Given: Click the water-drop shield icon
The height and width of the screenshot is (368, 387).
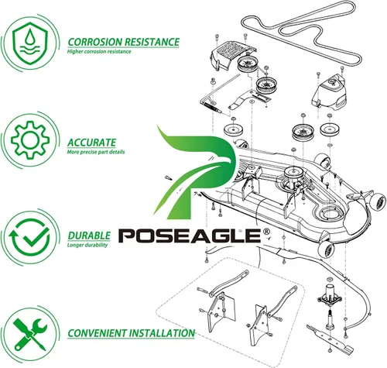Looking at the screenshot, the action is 30,43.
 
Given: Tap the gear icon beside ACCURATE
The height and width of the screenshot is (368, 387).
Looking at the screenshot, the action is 30,139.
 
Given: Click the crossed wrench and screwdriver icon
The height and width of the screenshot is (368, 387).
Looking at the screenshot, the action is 30,334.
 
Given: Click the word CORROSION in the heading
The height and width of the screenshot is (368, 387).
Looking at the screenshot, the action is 94,42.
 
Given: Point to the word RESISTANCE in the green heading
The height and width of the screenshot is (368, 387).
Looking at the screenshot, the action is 152,42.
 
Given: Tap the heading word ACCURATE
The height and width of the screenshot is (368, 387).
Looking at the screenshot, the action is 91,143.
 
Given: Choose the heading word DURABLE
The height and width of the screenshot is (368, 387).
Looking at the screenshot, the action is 89,236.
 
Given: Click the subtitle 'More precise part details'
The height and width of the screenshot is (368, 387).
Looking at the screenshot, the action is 96,152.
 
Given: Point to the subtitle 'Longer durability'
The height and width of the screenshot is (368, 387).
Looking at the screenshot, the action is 87,245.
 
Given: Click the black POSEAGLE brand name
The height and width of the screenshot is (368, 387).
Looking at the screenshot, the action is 190,236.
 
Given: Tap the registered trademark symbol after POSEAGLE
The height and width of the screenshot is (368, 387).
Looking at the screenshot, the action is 266,231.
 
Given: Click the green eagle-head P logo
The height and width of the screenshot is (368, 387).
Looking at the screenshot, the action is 194,172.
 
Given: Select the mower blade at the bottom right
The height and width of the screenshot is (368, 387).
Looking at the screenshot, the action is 329,339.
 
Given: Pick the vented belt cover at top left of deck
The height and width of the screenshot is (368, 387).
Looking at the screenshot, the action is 233,55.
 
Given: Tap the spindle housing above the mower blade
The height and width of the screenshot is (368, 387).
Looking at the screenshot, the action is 330,295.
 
